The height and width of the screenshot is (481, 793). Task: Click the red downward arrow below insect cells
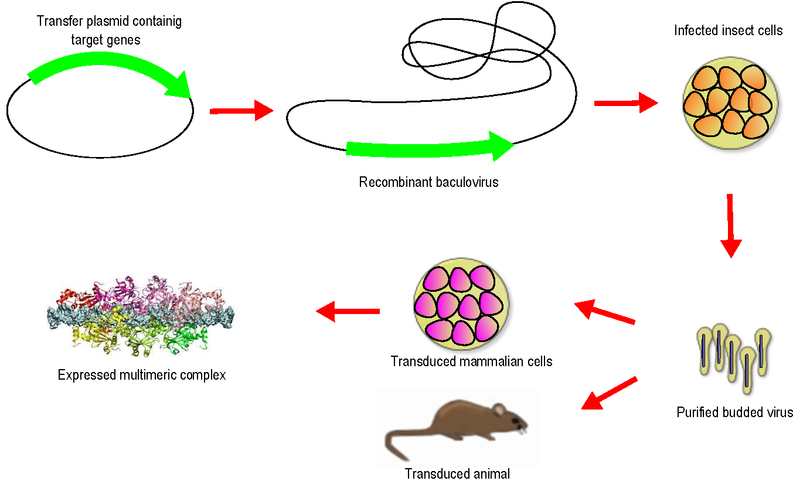pos(730,226)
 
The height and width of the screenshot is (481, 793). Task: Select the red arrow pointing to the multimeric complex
pos(348,311)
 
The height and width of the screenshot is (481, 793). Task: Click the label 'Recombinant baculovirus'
pos(428,182)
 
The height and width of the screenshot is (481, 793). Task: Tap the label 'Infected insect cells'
pos(728,30)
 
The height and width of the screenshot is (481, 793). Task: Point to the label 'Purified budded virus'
pos(734,412)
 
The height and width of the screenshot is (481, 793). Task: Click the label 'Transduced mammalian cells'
pos(471,361)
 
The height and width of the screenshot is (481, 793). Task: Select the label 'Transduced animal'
pos(457,473)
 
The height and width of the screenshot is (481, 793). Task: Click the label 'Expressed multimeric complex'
pos(142,375)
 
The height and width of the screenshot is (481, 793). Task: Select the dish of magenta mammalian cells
pos(461,305)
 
